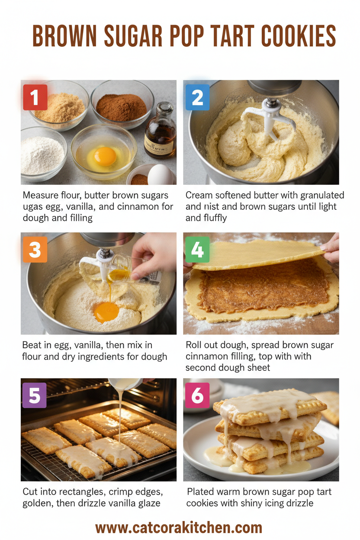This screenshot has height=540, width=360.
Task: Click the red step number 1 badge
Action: tap(34, 97)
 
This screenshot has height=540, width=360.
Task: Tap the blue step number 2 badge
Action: tap(197, 97)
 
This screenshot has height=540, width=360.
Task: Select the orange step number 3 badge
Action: tap(34, 250)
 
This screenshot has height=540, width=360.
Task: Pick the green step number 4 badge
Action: tap(197, 250)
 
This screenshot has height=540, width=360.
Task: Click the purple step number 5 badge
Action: tap(34, 395)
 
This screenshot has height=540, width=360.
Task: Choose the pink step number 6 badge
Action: tap(197, 395)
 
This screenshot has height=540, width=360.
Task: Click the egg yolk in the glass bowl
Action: tap(104, 156)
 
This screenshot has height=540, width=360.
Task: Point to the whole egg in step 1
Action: tap(161, 176)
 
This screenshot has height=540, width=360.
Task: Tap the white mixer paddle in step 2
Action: tap(268, 117)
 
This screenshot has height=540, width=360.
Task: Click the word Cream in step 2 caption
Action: tap(198, 195)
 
